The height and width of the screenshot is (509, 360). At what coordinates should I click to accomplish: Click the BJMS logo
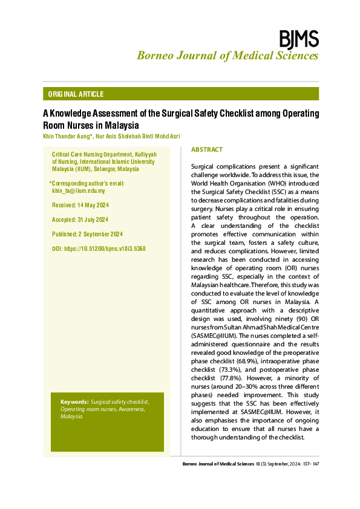point(298,39)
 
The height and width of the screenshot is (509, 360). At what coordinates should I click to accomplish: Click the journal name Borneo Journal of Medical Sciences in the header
point(227,56)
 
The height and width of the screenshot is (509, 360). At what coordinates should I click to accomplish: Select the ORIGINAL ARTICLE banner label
point(76,94)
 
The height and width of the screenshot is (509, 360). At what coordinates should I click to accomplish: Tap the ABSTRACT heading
point(207,149)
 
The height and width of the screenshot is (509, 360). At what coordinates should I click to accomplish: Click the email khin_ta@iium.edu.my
point(79,191)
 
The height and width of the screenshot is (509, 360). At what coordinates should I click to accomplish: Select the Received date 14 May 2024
point(93,206)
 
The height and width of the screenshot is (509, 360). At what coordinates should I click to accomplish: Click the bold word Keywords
point(74,402)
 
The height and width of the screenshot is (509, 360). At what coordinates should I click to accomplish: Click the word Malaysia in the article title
point(121,125)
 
